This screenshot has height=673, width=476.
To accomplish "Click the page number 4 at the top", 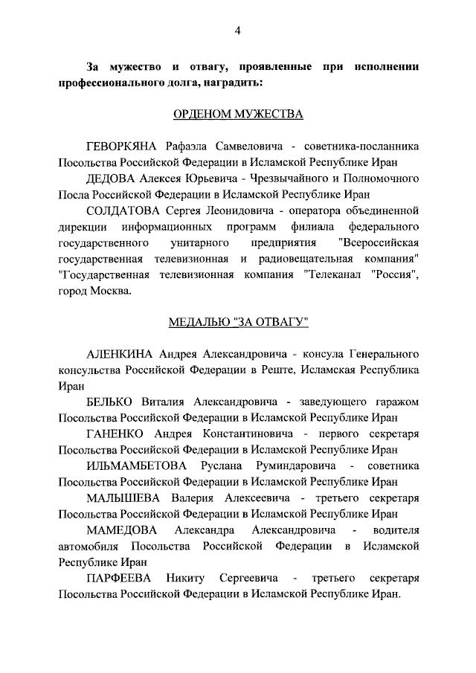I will click(x=237, y=30).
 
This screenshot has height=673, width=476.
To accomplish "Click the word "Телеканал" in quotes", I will click(x=338, y=275).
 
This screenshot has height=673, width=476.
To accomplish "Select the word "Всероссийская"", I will click(x=379, y=243).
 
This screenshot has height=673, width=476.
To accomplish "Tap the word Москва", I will click(x=111, y=292).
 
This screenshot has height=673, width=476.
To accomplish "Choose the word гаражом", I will click(x=394, y=402).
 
